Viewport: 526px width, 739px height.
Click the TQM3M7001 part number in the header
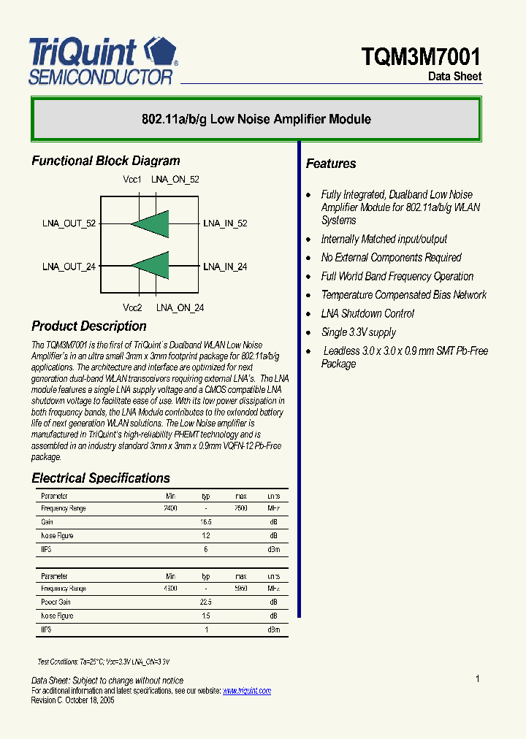[421, 56]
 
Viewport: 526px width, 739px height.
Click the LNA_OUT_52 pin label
[69, 223]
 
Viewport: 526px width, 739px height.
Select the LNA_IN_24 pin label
[225, 267]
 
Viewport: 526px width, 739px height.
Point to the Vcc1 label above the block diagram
[132, 180]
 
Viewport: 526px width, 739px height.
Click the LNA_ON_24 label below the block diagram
[180, 308]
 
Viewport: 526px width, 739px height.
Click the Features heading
[331, 164]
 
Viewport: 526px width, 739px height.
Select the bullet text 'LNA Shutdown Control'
[367, 313]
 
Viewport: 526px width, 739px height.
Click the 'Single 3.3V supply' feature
[358, 332]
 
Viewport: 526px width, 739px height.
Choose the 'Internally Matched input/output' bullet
[384, 240]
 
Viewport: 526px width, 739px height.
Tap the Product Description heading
[89, 326]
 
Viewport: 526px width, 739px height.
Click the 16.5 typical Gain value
[206, 522]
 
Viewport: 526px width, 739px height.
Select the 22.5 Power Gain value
[206, 602]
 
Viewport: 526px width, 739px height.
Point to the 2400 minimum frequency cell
[170, 508]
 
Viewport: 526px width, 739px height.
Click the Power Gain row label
[56, 602]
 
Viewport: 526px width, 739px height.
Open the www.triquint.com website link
[246, 691]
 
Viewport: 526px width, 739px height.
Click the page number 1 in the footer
[477, 679]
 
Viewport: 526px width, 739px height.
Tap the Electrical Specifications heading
[101, 478]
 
